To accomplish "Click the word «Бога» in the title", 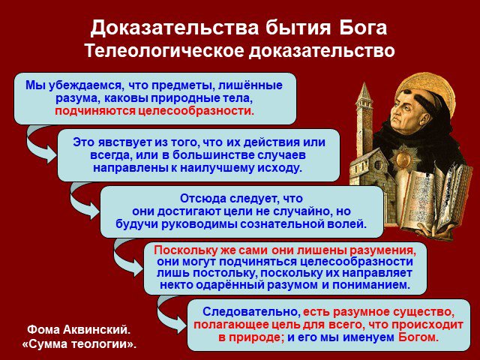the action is tap(363, 28).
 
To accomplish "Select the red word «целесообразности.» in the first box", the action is tap(196, 111).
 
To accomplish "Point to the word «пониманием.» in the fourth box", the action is tap(371, 285).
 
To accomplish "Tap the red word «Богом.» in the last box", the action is tap(418, 337).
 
